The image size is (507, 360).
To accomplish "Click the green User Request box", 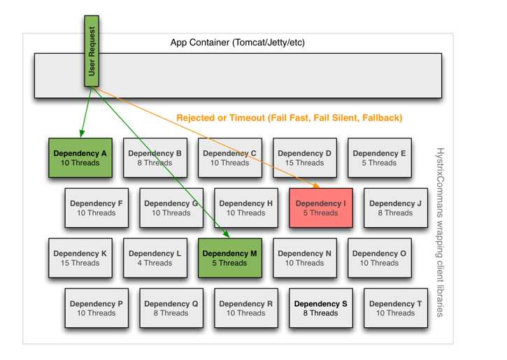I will point(91,52).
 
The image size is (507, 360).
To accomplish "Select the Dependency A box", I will point(80,158).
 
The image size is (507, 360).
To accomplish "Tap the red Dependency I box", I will point(321,208).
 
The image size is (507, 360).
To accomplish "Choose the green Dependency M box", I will point(230,259).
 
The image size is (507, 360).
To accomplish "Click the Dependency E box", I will point(379,158).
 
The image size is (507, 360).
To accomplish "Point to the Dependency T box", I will point(395,308).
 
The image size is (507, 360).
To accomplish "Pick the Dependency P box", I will point(97,308).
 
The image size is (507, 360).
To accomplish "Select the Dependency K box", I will point(80,259).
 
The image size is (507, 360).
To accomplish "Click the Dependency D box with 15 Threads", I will point(304,158).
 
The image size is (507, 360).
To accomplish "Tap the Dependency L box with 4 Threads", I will point(155,259).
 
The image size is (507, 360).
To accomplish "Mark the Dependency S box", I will point(321,308).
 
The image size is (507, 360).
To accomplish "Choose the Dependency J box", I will point(395,208).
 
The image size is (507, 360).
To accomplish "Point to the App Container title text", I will point(238,43).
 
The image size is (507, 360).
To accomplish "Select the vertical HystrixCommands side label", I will point(440,231).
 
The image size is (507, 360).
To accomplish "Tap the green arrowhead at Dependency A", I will point(82,134).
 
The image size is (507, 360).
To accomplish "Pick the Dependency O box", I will point(379,259).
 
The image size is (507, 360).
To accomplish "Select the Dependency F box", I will point(97,208).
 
